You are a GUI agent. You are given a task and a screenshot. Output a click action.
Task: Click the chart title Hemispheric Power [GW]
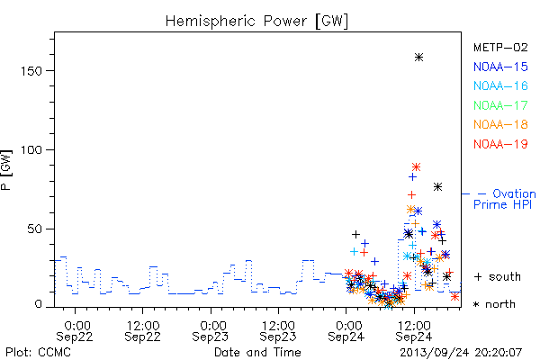[x=256, y=21]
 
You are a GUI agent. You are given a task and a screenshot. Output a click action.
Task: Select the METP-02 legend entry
[x=500, y=47]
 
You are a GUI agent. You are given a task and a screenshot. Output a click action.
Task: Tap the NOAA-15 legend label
[x=500, y=67]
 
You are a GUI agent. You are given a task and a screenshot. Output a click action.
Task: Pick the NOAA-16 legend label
[x=500, y=85]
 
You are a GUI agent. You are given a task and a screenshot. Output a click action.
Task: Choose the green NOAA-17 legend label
[x=500, y=105]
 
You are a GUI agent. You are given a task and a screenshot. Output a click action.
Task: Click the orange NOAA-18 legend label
[x=500, y=124]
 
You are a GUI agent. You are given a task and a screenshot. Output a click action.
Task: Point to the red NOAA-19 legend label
[x=500, y=144]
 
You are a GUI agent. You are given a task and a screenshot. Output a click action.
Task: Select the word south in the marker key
[x=505, y=276]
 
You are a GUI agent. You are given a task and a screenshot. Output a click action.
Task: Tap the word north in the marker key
[x=500, y=304]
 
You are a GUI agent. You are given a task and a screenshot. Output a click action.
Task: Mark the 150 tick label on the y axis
[x=31, y=71]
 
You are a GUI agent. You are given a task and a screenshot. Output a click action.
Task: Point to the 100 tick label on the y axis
[x=31, y=150]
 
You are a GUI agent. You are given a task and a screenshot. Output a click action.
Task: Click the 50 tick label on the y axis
[x=35, y=229]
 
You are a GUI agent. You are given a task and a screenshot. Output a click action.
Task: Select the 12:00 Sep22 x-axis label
[x=142, y=331]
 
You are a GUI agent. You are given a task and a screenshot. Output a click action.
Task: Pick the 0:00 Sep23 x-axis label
[x=211, y=331]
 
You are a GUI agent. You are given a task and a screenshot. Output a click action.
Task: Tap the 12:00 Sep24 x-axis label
[x=414, y=331]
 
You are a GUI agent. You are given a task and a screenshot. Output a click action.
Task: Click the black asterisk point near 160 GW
[x=418, y=58]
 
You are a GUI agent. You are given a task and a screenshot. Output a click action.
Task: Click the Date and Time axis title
[x=257, y=353]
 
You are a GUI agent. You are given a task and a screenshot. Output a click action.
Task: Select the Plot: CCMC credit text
[x=38, y=353]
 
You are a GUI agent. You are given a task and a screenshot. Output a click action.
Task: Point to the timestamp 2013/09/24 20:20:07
[x=461, y=353]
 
